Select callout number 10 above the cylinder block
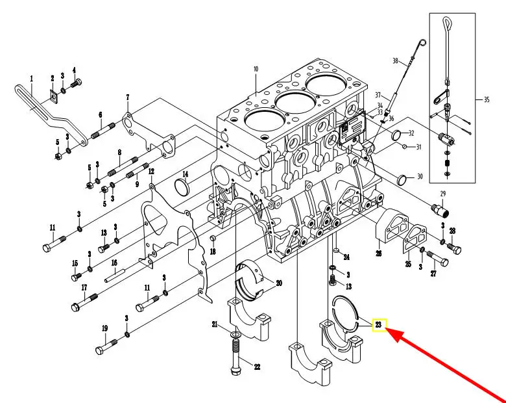click(x=256, y=69)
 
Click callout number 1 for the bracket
click(x=31, y=78)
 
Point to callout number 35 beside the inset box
click(x=487, y=99)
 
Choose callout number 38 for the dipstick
click(x=394, y=61)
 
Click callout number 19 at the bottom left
click(x=104, y=328)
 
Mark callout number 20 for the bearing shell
click(x=279, y=283)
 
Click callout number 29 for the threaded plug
click(x=443, y=194)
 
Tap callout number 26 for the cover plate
click(x=379, y=253)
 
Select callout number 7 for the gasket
click(x=128, y=97)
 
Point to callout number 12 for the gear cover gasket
click(x=151, y=172)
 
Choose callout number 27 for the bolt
click(x=433, y=274)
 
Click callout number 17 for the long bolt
click(x=84, y=287)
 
